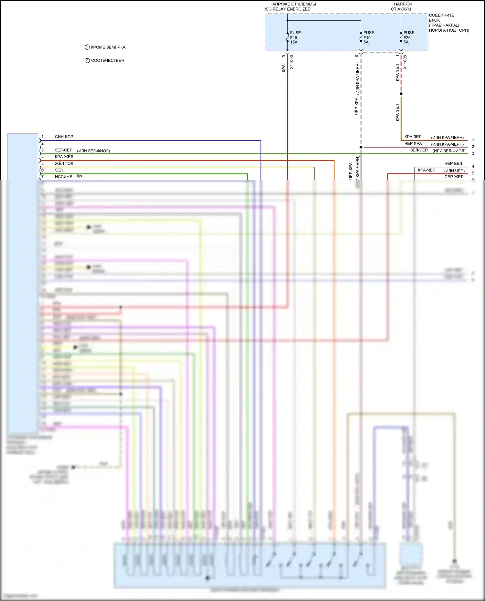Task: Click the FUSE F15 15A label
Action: click(x=295, y=37)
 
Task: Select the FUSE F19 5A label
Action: click(x=368, y=37)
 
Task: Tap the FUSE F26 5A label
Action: click(x=408, y=37)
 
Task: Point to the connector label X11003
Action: click(x=291, y=62)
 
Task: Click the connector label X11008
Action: click(x=405, y=62)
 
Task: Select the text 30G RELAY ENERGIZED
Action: click(x=287, y=9)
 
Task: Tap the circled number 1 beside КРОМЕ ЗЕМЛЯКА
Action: click(x=87, y=47)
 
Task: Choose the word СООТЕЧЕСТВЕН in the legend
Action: click(x=108, y=60)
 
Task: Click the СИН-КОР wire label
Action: click(x=64, y=137)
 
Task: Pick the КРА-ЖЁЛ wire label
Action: click(x=64, y=157)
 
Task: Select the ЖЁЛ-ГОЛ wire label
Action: click(x=64, y=163)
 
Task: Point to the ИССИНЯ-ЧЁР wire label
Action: click(x=68, y=177)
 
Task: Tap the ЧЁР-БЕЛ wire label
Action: click(x=453, y=163)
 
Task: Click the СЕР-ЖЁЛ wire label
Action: click(x=454, y=177)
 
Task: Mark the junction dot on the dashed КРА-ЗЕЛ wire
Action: click(x=401, y=94)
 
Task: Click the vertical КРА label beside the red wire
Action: click(x=284, y=68)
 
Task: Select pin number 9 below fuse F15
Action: click(x=284, y=56)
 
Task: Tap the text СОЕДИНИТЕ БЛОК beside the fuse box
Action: click(x=441, y=18)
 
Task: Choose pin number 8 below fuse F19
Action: click(x=357, y=56)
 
